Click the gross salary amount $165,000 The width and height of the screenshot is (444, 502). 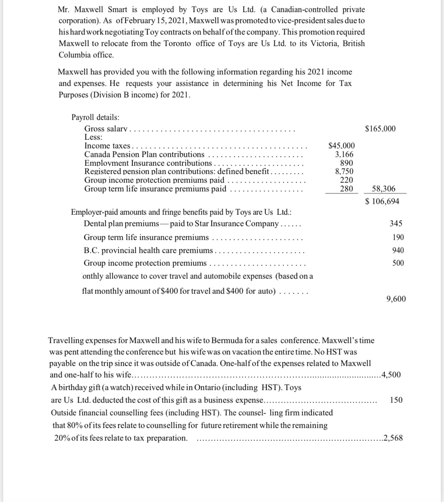[380, 129]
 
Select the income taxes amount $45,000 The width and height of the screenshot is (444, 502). [341, 146]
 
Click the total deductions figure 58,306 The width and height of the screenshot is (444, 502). [384, 189]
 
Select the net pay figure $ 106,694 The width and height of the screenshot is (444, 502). [382, 201]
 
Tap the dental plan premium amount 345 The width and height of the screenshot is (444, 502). [396, 224]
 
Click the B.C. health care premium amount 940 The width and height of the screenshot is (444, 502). [398, 250]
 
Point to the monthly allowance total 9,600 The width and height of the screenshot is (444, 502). [396, 299]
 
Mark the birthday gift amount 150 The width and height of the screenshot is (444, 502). [396, 400]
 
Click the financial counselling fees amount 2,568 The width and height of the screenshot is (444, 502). [393, 438]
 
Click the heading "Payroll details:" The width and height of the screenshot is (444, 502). [96, 117]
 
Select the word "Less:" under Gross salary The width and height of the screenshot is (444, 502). [94, 137]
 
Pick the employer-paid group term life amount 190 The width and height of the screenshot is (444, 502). [398, 237]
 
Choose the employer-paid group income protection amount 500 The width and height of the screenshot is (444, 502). [398, 263]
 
